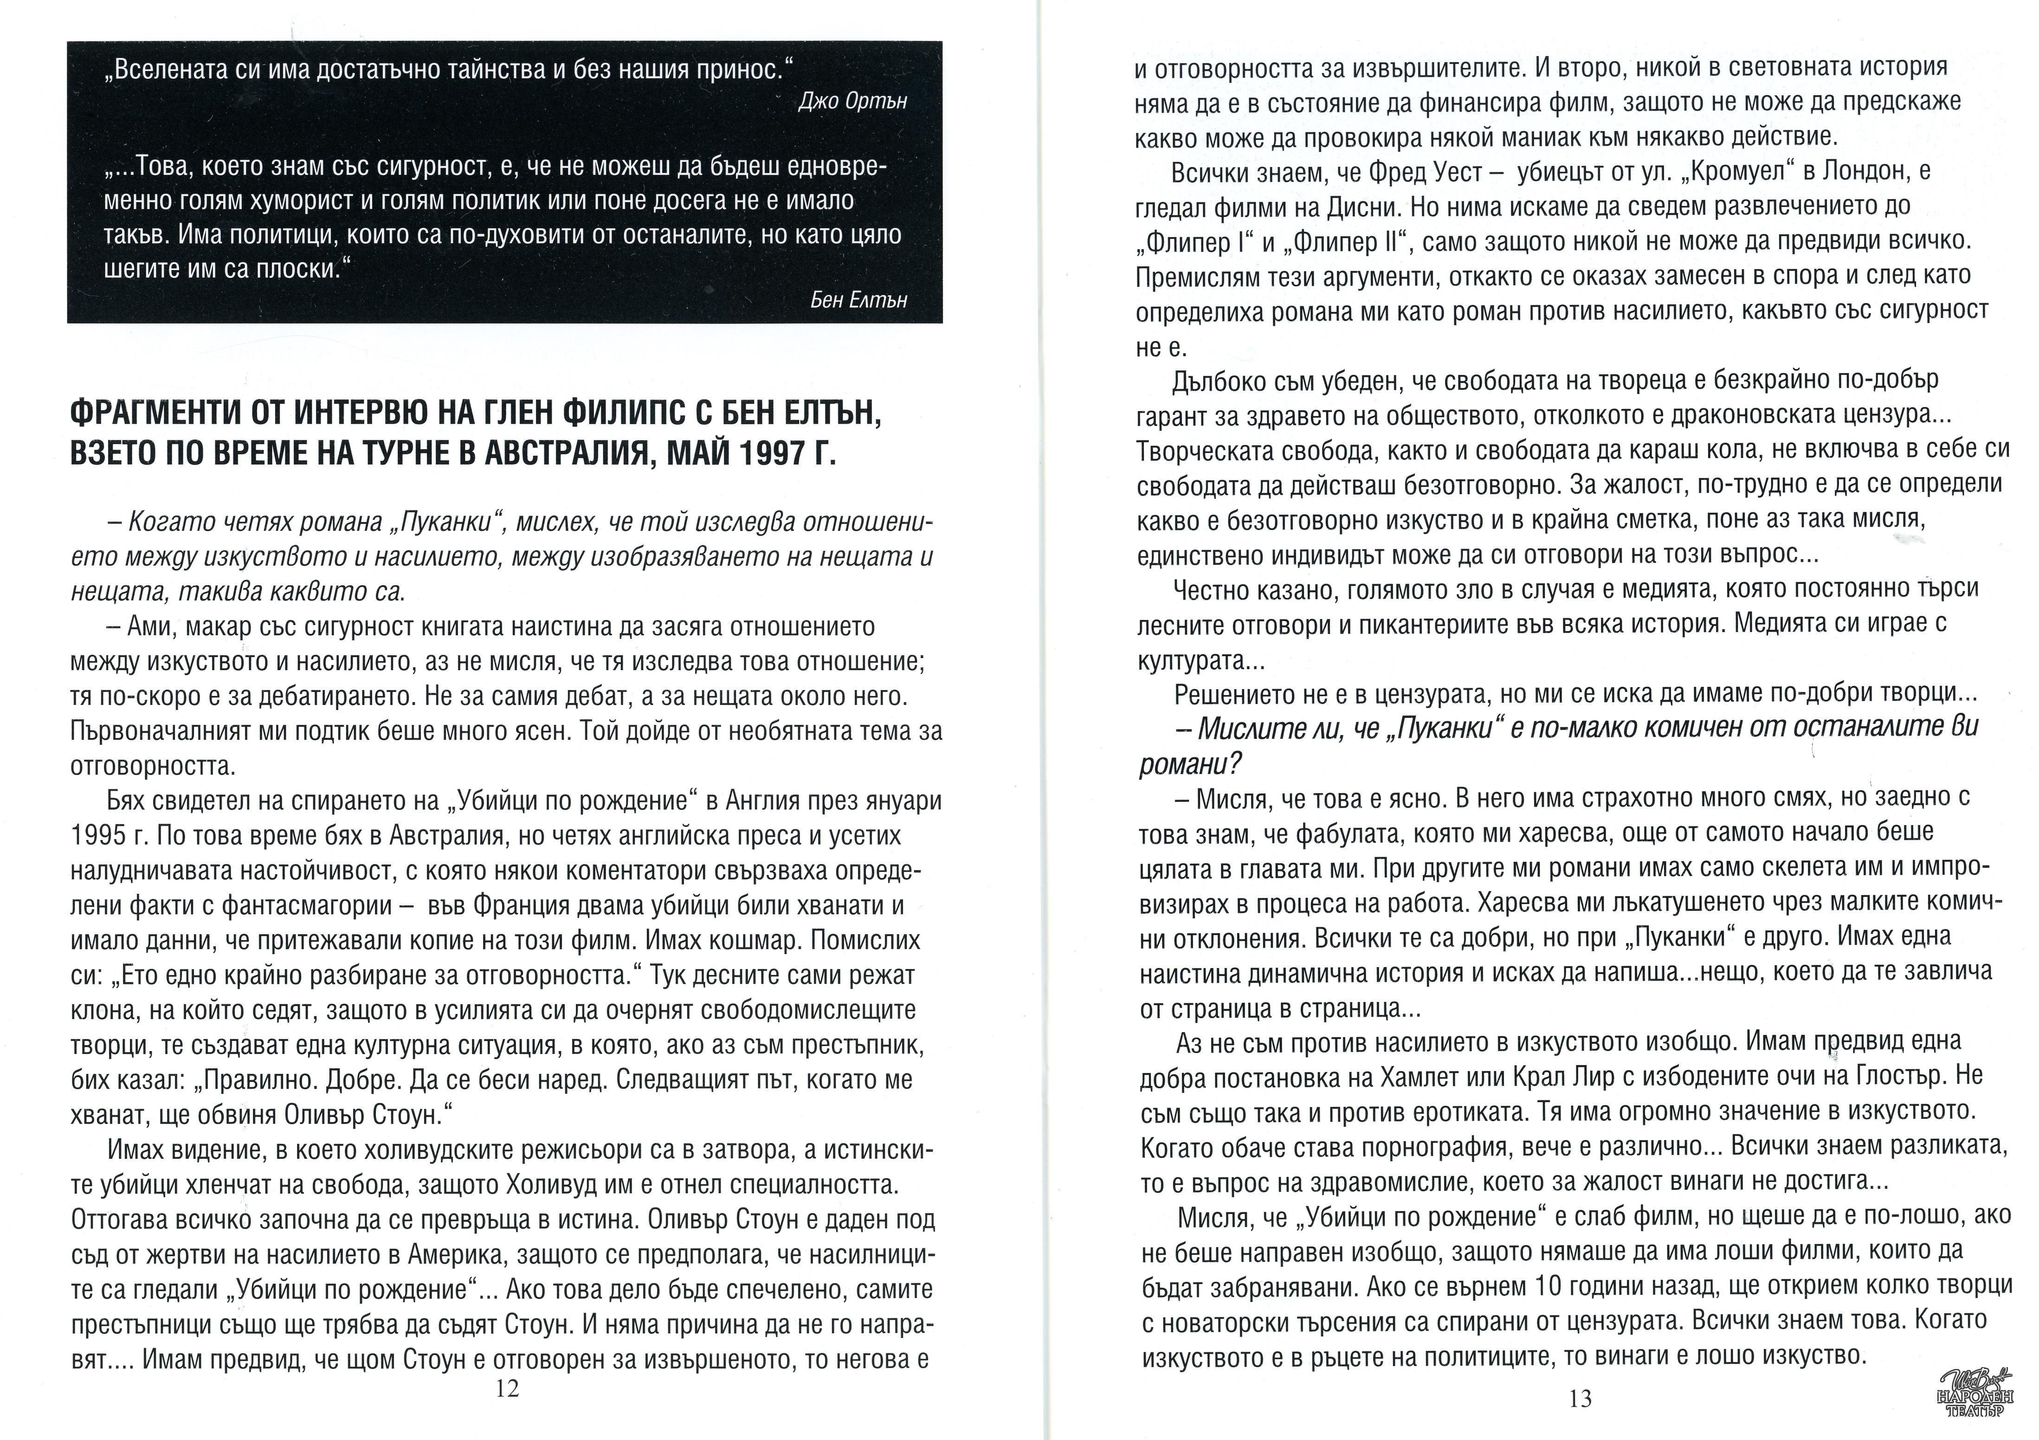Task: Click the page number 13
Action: click(1580, 1399)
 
